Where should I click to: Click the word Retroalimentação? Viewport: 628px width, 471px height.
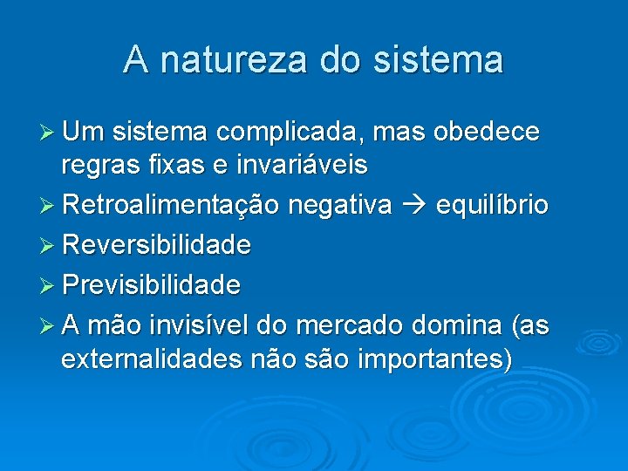pos(170,205)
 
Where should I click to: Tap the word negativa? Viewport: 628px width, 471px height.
pos(339,205)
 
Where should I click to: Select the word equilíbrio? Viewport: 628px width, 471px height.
pos(493,205)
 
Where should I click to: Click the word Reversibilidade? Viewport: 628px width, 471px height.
pos(156,245)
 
